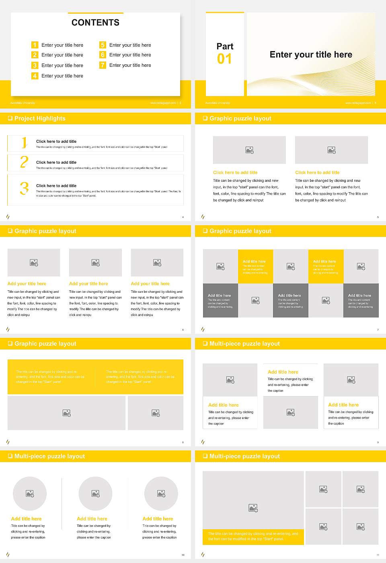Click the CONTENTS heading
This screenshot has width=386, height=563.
[95, 23]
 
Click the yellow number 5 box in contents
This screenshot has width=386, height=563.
[103, 45]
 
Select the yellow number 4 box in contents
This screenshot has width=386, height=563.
[35, 76]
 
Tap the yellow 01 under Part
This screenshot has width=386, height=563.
[224, 59]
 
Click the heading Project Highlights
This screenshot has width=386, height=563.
[40, 118]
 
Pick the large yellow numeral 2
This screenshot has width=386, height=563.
[24, 162]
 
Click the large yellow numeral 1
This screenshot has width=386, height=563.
[25, 142]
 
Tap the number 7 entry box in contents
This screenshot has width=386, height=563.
[103, 65]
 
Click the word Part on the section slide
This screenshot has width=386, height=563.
[225, 46]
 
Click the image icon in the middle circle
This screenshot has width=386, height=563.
[95, 493]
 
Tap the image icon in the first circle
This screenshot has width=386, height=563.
[30, 493]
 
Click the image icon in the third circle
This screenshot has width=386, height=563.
[161, 493]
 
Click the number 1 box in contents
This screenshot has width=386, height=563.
[35, 45]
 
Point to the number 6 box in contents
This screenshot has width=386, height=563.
[103, 55]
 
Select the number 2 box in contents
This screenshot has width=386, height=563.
[35, 55]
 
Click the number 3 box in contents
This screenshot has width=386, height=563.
[35, 65]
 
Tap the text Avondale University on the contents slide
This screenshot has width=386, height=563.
[23, 103]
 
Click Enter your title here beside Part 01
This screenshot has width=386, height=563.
[311, 55]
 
